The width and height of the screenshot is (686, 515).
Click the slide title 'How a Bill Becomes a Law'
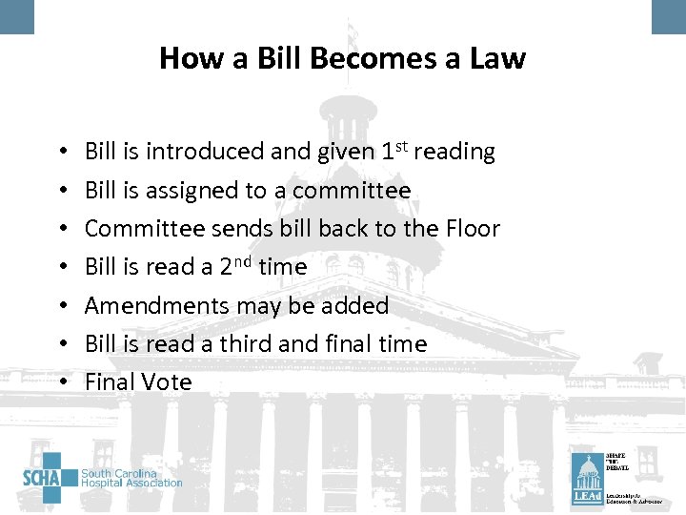pyautogui.click(x=342, y=58)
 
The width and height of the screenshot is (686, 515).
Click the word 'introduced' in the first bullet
pyautogui.click(x=187, y=152)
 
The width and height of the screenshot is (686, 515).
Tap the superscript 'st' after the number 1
pyautogui.click(x=405, y=145)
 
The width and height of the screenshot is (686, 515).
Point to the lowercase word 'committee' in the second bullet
pyautogui.click(x=352, y=191)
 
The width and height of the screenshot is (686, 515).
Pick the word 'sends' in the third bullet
pyautogui.click(x=253, y=229)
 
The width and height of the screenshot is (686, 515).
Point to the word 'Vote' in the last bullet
pyautogui.click(x=167, y=382)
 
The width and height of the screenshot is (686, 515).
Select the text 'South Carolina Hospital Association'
pyautogui.click(x=131, y=478)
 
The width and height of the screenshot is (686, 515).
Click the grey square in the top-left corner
pyautogui.click(x=16, y=16)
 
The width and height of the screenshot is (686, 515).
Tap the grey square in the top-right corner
pyautogui.click(x=669, y=16)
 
